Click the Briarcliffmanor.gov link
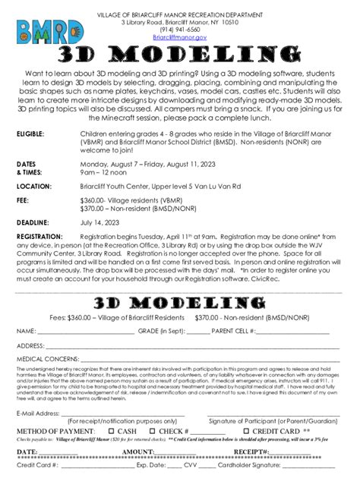(x=180, y=36)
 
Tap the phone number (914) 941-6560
(x=180, y=30)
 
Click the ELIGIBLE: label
(x=30, y=133)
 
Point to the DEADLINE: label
(x=33, y=222)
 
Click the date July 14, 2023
(x=99, y=222)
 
